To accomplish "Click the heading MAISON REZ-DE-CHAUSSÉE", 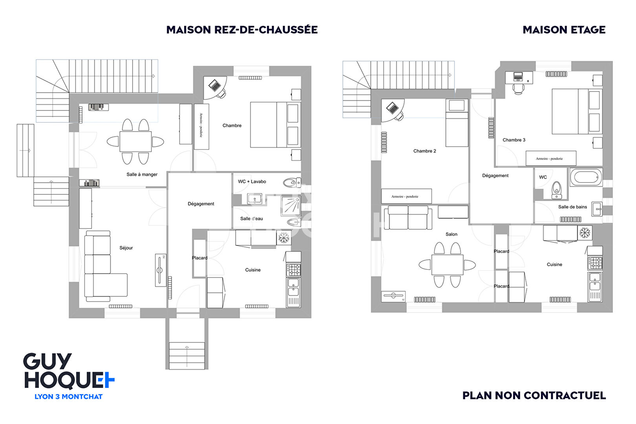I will (x=242, y=30).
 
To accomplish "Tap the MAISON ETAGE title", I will (x=564, y=30).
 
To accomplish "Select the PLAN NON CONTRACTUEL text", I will (x=534, y=395).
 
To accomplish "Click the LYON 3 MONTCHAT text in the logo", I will (x=68, y=397).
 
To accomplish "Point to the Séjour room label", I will (x=126, y=248).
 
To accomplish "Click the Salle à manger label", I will (x=142, y=174).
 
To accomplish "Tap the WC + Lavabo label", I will (x=252, y=181).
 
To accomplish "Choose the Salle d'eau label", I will (x=251, y=219).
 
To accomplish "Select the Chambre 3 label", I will (x=514, y=140).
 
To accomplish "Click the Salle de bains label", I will (x=572, y=207).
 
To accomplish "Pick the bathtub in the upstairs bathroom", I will (x=586, y=177).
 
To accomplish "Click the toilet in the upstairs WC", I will (x=556, y=190).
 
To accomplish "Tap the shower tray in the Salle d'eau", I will (x=291, y=206).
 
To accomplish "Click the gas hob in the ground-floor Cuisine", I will (x=293, y=270).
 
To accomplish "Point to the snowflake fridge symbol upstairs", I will (x=585, y=233).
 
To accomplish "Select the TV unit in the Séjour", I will (x=160, y=270).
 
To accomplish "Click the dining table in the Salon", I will (x=447, y=265).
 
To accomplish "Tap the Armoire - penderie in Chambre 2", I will (x=406, y=196).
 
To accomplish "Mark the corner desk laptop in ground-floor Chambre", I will (x=215, y=85).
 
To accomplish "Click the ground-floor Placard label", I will (x=199, y=258).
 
